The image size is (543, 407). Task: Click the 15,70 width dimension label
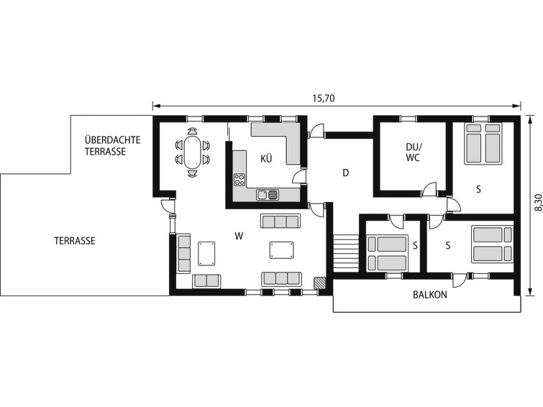click(324, 99)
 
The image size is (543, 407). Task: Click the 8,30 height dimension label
click(538, 202)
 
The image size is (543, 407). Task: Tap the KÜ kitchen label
click(266, 159)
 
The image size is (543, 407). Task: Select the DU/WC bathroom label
click(413, 152)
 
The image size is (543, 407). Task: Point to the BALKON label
click(430, 295)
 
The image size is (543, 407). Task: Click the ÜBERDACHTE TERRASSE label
click(112, 146)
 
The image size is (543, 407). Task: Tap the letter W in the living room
click(239, 237)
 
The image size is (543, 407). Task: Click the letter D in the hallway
click(345, 173)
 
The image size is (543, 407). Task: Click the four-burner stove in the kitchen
click(239, 180)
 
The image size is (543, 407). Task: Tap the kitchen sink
click(268, 195)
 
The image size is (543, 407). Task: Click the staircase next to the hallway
click(346, 254)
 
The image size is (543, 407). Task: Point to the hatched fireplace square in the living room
click(319, 283)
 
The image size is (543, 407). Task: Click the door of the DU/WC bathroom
click(429, 189)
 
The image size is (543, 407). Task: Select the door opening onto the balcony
click(459, 280)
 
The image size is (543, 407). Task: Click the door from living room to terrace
click(168, 206)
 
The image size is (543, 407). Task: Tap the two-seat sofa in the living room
click(206, 281)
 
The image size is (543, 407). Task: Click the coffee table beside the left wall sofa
click(206, 254)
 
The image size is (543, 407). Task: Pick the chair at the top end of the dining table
click(193, 132)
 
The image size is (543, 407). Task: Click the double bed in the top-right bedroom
click(483, 143)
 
